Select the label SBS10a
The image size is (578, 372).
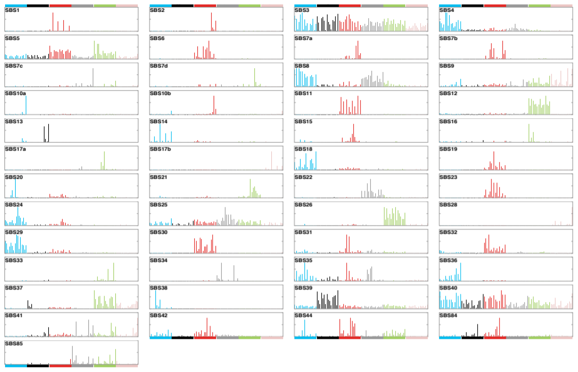pyautogui.click(x=15, y=94)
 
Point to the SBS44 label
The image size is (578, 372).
pyautogui.click(x=304, y=315)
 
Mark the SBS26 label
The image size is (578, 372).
pyautogui.click(x=304, y=204)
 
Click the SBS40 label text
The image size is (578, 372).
pyautogui.click(x=450, y=288)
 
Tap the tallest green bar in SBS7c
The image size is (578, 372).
pyautogui.click(x=93, y=77)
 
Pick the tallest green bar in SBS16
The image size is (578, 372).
pyautogui.click(x=529, y=133)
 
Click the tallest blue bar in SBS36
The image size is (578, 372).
pyautogui.click(x=460, y=271)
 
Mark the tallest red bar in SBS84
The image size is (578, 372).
pyautogui.click(x=499, y=327)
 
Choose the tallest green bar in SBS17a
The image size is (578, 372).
pyautogui.click(x=104, y=160)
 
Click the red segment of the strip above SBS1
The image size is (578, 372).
pyautogui.click(x=60, y=5)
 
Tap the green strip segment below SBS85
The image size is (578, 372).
pyautogui.click(x=105, y=365)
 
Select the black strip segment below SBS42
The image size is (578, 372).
pyautogui.click(x=182, y=338)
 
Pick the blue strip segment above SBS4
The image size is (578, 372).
pyautogui.click(x=450, y=5)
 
